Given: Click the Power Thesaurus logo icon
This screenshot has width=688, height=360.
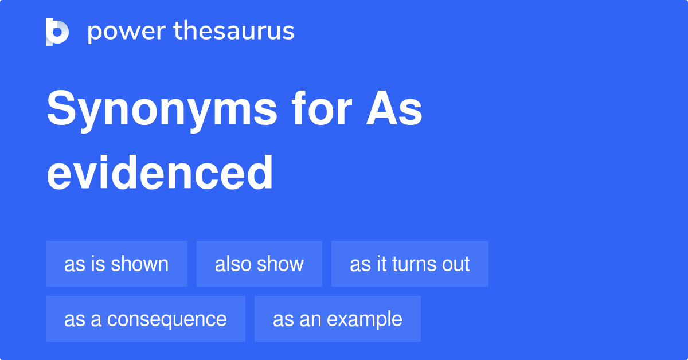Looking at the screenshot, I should point(57,32).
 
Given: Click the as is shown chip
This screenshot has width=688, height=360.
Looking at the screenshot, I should point(116,264).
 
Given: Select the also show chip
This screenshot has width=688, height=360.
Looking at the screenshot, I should point(259,264).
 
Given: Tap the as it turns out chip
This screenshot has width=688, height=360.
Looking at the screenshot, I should point(409,264).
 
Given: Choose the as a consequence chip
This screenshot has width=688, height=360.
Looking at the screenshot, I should point(146,319).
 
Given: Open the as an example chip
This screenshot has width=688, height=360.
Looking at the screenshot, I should point(337,319).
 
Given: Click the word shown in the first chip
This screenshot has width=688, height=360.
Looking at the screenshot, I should point(140,264).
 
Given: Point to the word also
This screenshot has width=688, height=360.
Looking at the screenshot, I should point(232,264).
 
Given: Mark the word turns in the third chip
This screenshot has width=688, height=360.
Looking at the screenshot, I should point(412,264).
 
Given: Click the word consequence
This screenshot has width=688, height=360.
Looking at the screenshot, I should point(167,319).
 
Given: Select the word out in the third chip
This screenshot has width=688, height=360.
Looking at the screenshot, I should point(456,264).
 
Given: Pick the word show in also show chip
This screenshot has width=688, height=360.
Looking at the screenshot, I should point(281,264).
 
